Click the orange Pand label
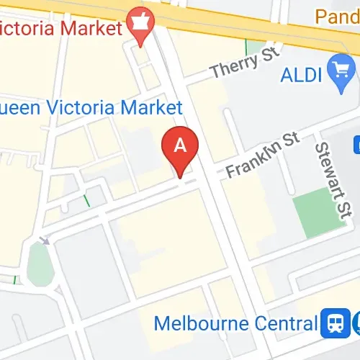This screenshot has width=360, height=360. [x=337, y=15]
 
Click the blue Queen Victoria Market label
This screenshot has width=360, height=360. [x=90, y=108]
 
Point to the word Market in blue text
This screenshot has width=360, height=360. [x=152, y=108]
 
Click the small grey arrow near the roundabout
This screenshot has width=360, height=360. [x=45, y=240]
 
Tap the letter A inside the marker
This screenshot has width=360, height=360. [x=180, y=145]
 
